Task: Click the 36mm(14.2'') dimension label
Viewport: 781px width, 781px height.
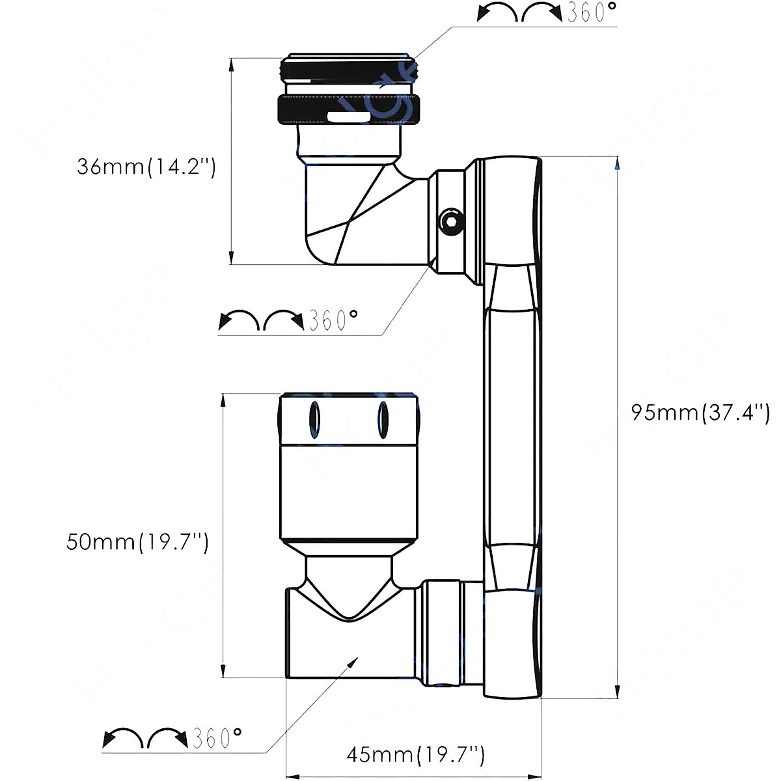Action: (146, 167)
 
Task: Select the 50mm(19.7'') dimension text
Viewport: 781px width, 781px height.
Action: (137, 541)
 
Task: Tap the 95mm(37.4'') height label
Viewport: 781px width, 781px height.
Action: (700, 412)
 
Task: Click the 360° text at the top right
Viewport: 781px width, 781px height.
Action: (591, 12)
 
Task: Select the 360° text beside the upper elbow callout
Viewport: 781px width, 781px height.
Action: (333, 320)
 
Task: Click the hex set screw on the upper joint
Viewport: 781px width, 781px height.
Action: (448, 223)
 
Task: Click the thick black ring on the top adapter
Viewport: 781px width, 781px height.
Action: (349, 109)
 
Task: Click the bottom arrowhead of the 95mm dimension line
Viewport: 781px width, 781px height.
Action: (616, 691)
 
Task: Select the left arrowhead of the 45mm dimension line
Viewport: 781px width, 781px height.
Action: (293, 776)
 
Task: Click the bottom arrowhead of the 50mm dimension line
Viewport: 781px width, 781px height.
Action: (223, 672)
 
